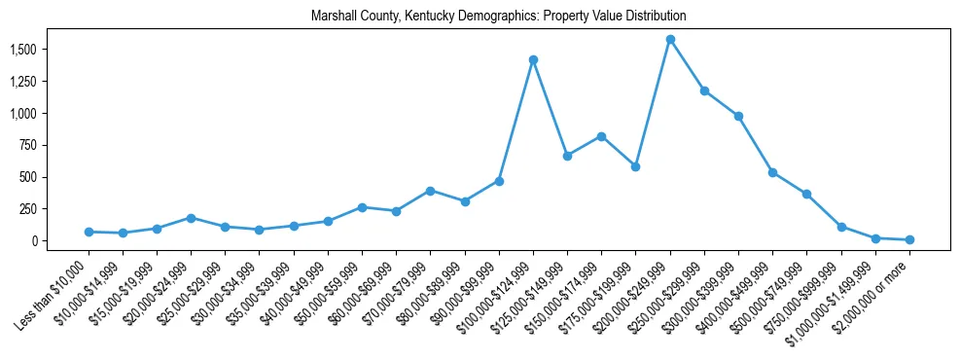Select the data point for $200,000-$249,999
click(x=670, y=40)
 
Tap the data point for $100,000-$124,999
click(x=533, y=59)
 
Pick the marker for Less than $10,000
click(x=89, y=232)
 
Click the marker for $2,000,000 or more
click(x=909, y=239)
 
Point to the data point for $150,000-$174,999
click(x=601, y=136)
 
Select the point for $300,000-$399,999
click(x=738, y=116)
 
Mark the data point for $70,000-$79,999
click(x=430, y=191)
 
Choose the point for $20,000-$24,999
click(x=191, y=218)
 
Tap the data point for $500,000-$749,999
click(x=806, y=194)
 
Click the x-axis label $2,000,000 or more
click(x=872, y=296)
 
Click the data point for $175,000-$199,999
click(x=635, y=166)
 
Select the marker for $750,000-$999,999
click(x=841, y=227)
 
